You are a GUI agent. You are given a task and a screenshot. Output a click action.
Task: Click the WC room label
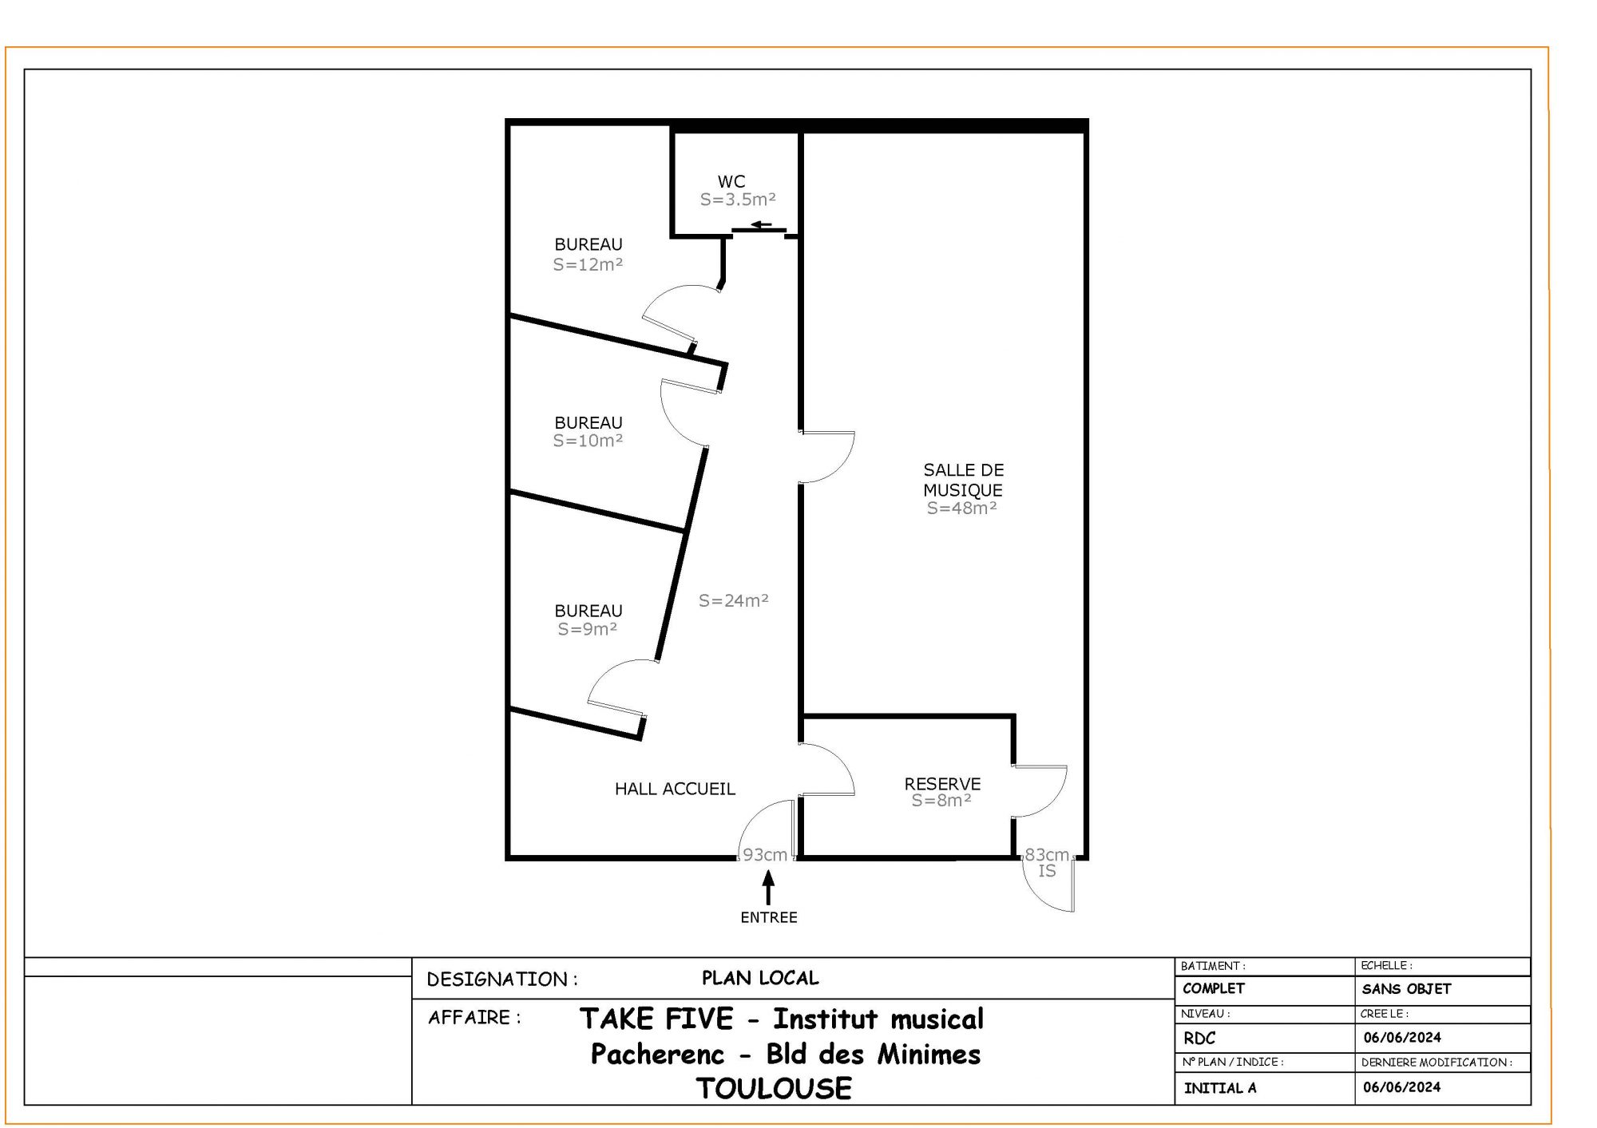click(731, 182)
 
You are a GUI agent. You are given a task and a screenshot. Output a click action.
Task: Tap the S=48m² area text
click(961, 508)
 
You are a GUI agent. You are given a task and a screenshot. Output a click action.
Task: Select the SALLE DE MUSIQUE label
click(963, 480)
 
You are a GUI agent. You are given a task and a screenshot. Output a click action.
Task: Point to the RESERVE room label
click(942, 784)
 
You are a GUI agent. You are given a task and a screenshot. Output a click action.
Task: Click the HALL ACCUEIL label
click(675, 789)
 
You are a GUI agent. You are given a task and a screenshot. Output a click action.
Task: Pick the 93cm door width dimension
click(765, 855)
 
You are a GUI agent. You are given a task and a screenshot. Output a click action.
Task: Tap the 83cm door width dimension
click(1047, 855)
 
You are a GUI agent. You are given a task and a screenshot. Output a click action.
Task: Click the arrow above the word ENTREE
click(768, 888)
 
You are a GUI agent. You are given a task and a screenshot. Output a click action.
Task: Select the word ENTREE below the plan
click(769, 918)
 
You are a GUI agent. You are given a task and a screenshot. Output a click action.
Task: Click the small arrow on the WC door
click(763, 225)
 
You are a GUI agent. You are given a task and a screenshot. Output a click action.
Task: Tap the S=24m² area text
click(733, 600)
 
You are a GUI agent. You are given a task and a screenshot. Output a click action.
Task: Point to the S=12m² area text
click(588, 264)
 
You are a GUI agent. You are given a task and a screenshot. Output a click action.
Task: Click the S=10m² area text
click(588, 441)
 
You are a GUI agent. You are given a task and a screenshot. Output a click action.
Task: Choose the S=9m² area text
click(587, 629)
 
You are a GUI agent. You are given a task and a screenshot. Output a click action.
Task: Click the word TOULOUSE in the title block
click(774, 1088)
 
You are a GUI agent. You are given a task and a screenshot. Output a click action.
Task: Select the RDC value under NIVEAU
click(1199, 1039)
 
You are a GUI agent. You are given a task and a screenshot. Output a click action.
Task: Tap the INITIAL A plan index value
click(1220, 1088)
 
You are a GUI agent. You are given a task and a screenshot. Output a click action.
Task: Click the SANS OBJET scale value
click(1406, 989)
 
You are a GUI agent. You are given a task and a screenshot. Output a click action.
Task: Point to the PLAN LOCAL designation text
click(760, 978)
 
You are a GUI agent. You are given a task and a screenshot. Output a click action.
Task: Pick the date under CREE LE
click(1402, 1038)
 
